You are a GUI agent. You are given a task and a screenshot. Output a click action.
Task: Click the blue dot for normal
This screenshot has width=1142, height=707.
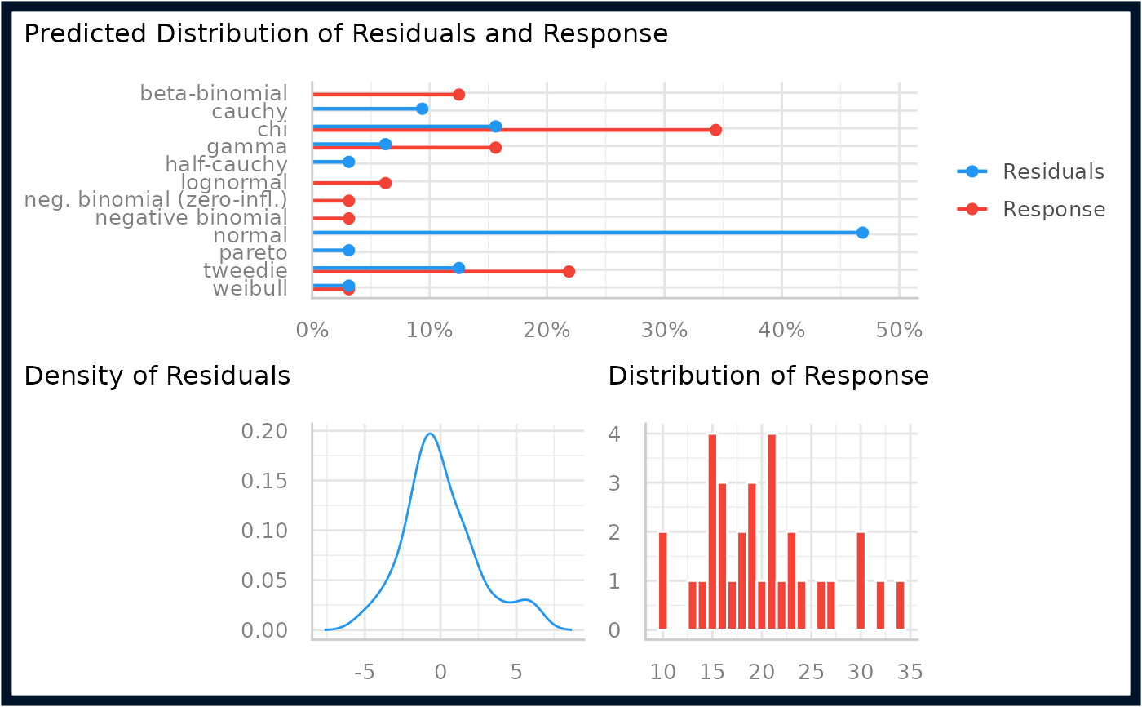point(862,233)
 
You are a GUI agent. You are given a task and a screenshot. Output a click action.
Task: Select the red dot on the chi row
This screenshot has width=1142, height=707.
point(716,130)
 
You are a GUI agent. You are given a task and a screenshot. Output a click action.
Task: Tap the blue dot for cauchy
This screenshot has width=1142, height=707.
point(423,109)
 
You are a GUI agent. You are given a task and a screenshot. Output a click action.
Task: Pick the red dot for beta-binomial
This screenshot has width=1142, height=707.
point(458,95)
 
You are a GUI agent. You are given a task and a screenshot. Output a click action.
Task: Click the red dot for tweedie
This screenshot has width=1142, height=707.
point(569,271)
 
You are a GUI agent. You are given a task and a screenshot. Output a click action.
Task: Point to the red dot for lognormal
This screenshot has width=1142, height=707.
point(385,183)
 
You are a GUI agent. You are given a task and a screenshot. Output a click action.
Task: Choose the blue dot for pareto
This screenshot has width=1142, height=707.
point(349,251)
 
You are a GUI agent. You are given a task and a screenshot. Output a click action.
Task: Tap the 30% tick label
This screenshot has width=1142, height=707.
point(664,331)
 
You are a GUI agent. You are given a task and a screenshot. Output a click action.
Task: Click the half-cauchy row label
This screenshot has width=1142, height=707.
point(227,164)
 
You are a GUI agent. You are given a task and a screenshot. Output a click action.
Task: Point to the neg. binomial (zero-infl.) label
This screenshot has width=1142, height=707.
point(156,200)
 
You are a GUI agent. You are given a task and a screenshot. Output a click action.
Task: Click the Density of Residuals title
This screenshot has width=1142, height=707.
point(157,376)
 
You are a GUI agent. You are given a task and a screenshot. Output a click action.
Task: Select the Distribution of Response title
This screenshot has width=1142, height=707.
point(768,376)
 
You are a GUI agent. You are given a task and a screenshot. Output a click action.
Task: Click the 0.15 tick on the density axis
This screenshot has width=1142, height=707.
point(264,481)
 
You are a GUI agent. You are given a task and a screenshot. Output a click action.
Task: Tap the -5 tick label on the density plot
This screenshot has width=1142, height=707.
point(365,673)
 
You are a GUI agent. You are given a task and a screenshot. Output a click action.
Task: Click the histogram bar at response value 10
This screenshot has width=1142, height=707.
point(662,580)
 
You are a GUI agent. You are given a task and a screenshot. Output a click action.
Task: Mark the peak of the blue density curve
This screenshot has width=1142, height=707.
point(431,434)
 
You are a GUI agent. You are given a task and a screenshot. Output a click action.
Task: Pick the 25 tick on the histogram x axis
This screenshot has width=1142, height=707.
point(811,673)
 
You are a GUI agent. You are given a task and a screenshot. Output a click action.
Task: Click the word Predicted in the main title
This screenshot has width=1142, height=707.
point(85,34)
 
